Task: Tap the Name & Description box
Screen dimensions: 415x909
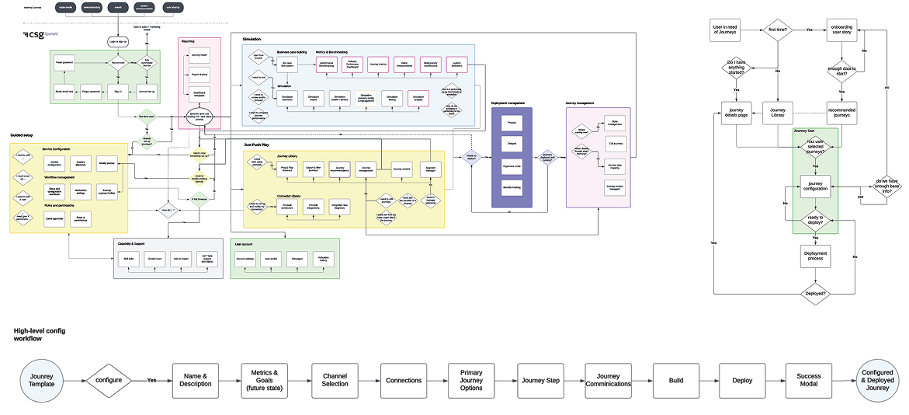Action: (x=194, y=381)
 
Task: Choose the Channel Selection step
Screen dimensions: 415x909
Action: (x=335, y=381)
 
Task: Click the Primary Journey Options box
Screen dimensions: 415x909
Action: (x=471, y=381)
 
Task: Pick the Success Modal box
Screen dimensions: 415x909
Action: (x=808, y=381)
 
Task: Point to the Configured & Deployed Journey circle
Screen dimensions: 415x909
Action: (x=877, y=381)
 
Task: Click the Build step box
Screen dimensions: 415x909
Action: (x=675, y=381)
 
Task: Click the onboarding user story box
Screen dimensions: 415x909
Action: (x=841, y=32)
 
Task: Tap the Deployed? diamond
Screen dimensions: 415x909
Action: (x=815, y=294)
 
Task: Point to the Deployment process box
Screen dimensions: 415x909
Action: (x=815, y=256)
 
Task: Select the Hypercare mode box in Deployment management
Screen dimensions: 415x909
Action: (x=511, y=166)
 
